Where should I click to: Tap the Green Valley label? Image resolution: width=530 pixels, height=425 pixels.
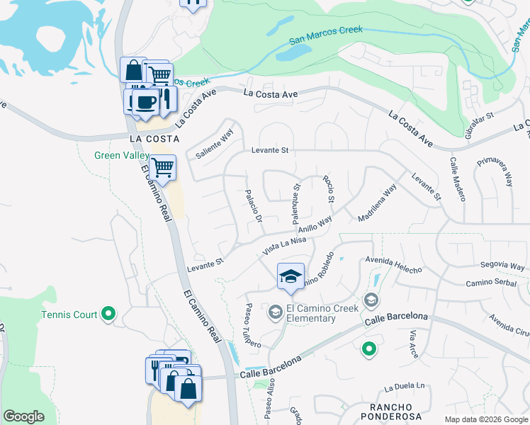click(x=122, y=155)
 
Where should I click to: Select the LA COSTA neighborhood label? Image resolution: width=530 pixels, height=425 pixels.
click(x=152, y=138)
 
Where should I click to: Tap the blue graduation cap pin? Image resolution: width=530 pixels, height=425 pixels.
click(x=291, y=276)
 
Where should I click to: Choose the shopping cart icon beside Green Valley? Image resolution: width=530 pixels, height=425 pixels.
click(x=163, y=168)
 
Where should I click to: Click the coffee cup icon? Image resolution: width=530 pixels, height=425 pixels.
click(x=145, y=101)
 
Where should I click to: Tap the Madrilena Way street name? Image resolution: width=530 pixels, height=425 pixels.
click(x=378, y=203)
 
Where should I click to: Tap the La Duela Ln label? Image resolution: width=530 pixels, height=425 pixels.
click(x=404, y=387)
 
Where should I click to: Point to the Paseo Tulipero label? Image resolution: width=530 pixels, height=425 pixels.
click(x=254, y=326)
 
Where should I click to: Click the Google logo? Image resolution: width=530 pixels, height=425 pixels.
click(x=23, y=416)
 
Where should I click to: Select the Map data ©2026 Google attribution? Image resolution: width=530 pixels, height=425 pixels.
click(x=486, y=419)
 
